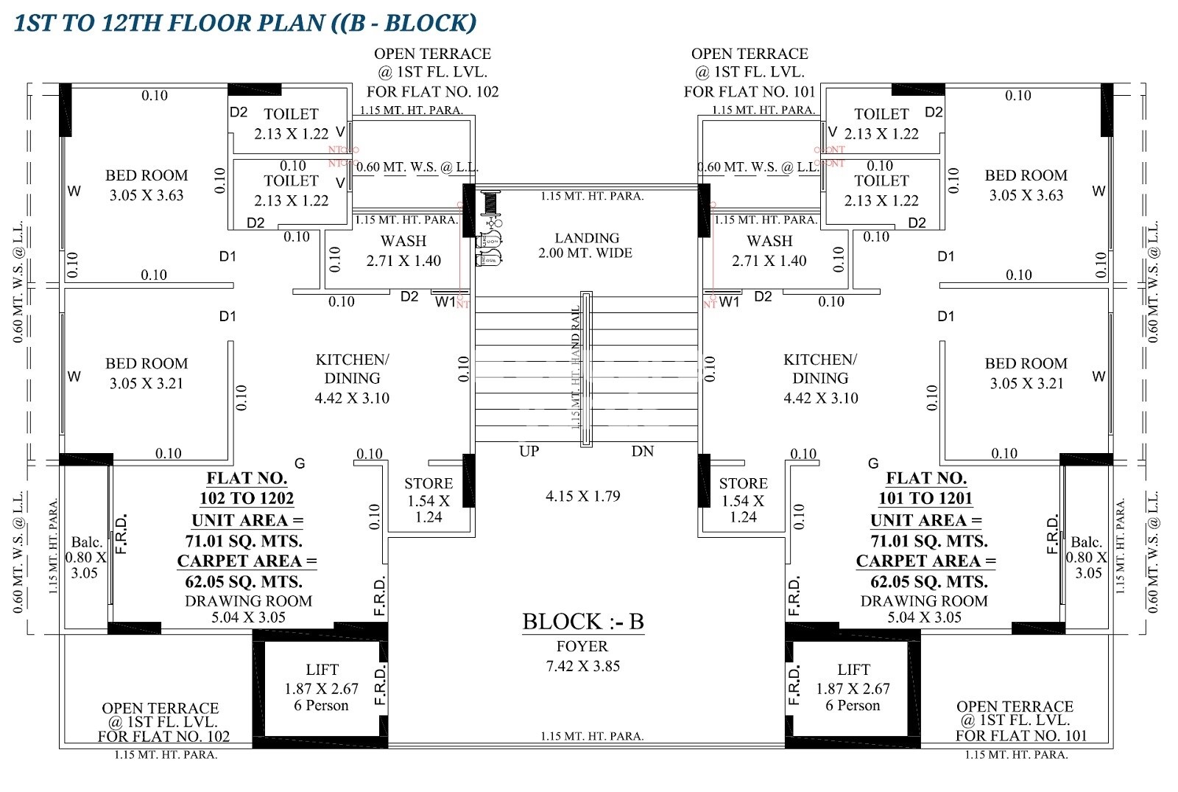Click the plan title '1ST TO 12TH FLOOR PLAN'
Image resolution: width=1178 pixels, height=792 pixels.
tap(169, 23)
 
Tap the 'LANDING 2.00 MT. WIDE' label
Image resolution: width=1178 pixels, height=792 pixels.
tap(586, 245)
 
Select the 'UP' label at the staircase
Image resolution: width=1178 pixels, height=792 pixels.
tap(529, 451)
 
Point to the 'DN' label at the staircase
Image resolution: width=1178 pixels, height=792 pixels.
tap(642, 451)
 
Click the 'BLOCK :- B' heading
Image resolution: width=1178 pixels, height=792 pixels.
tap(582, 622)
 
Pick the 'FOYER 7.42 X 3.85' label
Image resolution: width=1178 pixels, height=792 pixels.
tap(582, 656)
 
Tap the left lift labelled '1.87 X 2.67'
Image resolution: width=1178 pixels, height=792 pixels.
tap(322, 687)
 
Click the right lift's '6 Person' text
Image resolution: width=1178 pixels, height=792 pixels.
tap(853, 706)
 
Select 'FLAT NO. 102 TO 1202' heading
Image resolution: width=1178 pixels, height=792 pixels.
tap(247, 488)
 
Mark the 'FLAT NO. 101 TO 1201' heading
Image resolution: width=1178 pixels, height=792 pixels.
tap(925, 488)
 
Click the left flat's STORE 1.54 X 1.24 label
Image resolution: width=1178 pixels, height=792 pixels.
tap(428, 500)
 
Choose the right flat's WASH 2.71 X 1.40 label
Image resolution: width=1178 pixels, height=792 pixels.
tap(769, 250)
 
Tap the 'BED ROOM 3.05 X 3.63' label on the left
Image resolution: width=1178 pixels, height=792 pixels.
tap(147, 185)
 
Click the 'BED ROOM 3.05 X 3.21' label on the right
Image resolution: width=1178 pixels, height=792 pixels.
tap(1026, 373)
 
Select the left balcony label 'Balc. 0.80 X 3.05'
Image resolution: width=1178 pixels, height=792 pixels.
tap(85, 558)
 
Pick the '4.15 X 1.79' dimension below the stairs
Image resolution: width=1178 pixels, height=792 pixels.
tap(582, 496)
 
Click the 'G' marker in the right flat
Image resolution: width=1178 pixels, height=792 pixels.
tap(873, 463)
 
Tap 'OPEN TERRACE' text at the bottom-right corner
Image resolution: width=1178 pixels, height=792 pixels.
tap(1015, 707)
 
